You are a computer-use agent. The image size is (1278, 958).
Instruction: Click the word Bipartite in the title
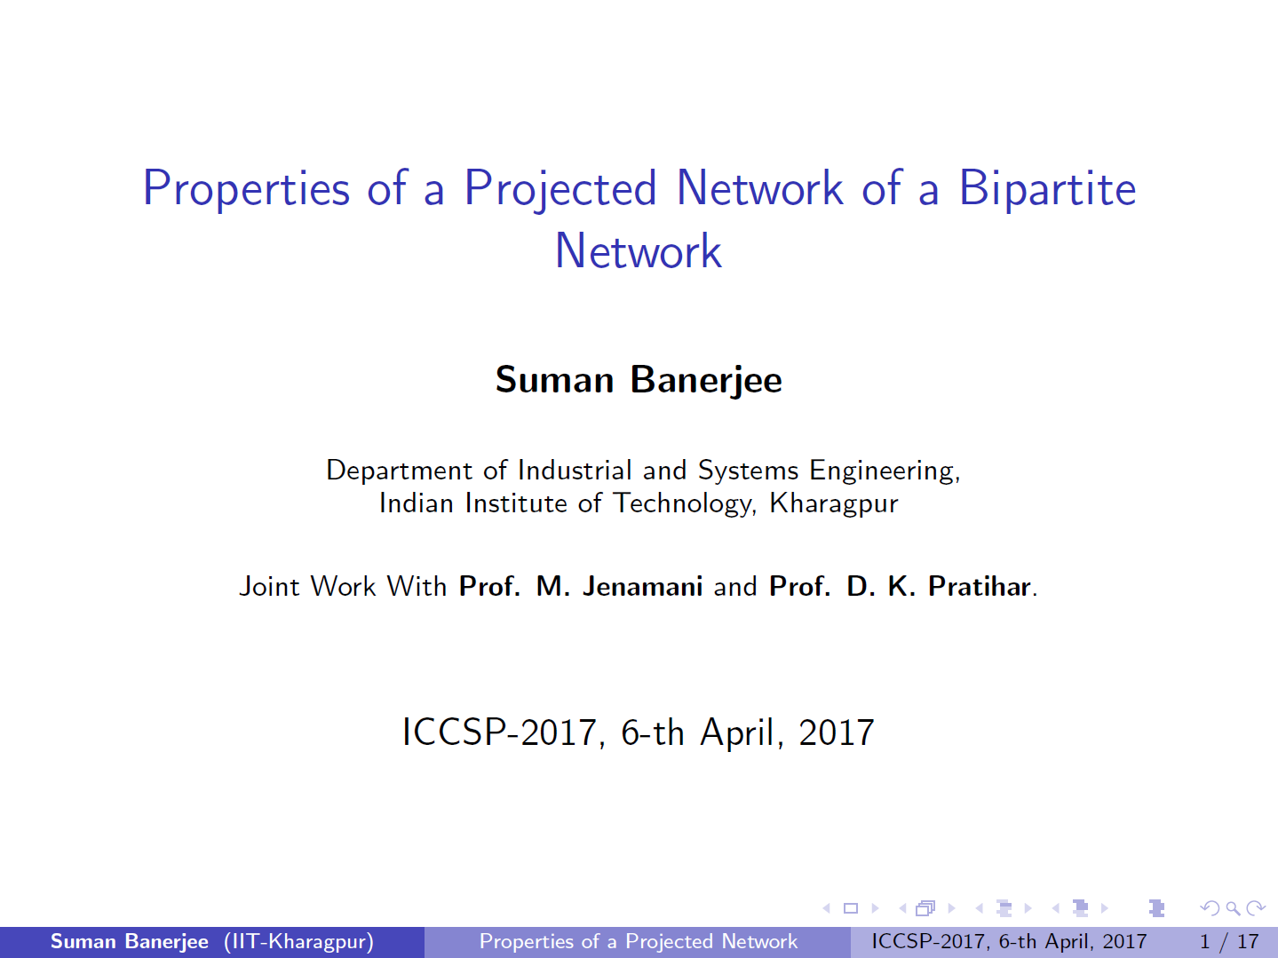pos(1047,188)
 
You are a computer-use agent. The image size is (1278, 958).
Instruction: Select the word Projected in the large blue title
pos(560,190)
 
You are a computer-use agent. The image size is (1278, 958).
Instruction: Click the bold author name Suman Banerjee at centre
pos(639,381)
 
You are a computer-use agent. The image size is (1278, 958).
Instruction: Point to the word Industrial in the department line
pos(575,471)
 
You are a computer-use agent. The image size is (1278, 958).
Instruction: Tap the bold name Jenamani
pos(643,586)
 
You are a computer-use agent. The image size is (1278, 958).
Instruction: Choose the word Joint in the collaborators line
pos(270,587)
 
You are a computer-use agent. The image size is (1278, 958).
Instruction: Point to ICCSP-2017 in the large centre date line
pos(500,732)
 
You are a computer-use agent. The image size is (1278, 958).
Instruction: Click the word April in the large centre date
pos(738,733)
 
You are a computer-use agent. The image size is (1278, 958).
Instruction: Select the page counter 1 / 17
pos(1229,942)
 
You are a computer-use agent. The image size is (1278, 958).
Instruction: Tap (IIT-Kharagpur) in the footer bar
pos(298,942)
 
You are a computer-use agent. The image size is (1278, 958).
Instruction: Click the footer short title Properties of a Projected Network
pos(639,942)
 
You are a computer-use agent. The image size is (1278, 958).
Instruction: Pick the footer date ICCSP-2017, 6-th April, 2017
pos(1009,942)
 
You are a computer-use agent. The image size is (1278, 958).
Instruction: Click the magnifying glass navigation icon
pos(1233,908)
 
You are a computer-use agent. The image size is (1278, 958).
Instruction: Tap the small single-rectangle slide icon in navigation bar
pos(851,908)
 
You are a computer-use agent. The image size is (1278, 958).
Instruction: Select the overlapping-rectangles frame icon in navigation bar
pos(925,908)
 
